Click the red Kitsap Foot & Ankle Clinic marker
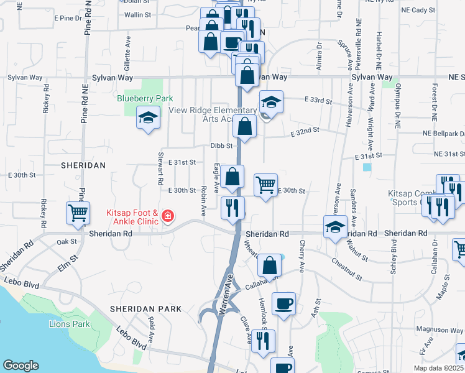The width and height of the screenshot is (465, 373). [x=167, y=216]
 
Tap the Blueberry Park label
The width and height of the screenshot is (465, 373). [x=145, y=99]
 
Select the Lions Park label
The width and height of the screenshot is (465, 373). [x=69, y=324]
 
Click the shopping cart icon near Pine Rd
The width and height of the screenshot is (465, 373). [x=78, y=213]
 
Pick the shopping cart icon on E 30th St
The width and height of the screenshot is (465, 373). [x=265, y=185]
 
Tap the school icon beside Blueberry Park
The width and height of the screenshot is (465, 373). [x=148, y=117]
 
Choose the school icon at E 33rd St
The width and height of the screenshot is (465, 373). [x=271, y=101]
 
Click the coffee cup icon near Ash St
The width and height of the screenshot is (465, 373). [x=283, y=304]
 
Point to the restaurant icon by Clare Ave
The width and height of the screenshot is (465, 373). [x=263, y=340]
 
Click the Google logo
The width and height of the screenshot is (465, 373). [x=21, y=366]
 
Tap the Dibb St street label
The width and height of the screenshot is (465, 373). [x=221, y=146]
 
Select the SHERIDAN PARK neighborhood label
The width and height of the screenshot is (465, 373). [x=145, y=309]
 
